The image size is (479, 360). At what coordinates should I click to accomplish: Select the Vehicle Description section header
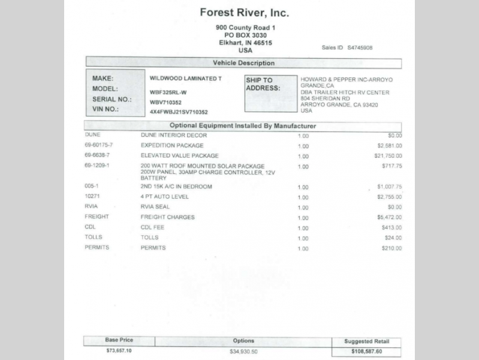[243, 63]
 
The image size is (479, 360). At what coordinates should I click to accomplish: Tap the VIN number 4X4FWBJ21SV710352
[179, 112]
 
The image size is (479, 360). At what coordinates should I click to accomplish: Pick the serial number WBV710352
[165, 102]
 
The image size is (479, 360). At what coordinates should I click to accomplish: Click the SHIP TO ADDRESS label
[263, 84]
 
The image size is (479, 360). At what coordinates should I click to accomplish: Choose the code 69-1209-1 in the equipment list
[98, 166]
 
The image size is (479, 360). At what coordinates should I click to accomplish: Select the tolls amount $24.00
[393, 238]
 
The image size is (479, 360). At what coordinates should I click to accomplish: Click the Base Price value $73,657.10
[119, 350]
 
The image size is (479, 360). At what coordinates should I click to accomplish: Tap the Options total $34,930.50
[243, 351]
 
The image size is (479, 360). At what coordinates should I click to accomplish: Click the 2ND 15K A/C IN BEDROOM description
[176, 187]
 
